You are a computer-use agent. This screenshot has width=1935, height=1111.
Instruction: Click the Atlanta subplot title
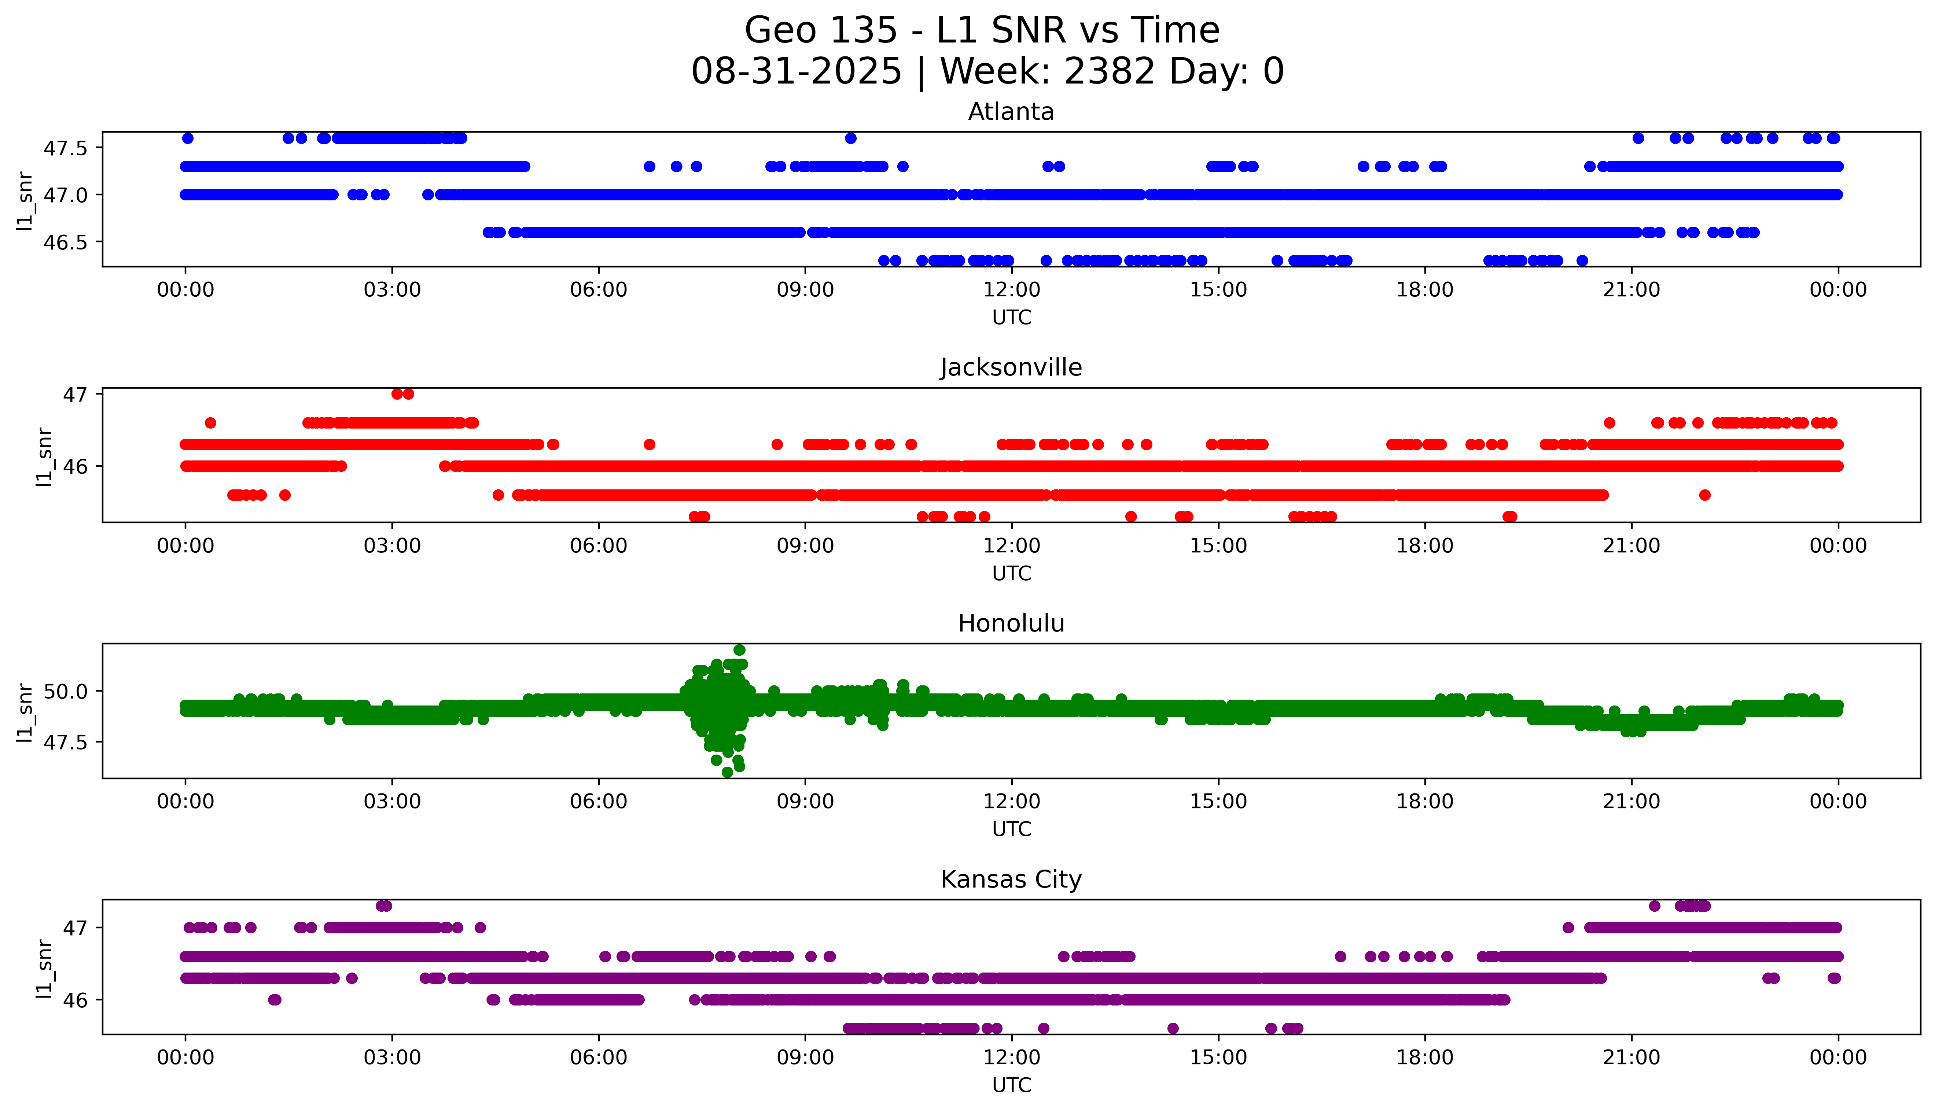1011,112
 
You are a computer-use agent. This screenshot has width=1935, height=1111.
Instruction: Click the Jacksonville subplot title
1011,368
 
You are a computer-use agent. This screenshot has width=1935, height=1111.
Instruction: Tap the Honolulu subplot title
1011,623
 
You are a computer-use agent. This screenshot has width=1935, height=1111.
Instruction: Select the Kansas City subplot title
1011,879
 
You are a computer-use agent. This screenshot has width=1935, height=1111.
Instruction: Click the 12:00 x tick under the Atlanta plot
1011,290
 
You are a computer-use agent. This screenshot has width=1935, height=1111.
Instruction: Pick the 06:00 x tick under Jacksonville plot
599,545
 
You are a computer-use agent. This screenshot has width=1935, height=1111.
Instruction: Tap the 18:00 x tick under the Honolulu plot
1424,801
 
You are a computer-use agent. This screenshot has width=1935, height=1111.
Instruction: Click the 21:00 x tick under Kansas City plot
1631,1058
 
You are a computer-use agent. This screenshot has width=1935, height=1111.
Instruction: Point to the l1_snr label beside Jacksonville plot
44,456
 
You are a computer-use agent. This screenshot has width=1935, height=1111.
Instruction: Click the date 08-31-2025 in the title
796,72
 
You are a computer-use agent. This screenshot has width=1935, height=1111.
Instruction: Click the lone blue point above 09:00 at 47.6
850,138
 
